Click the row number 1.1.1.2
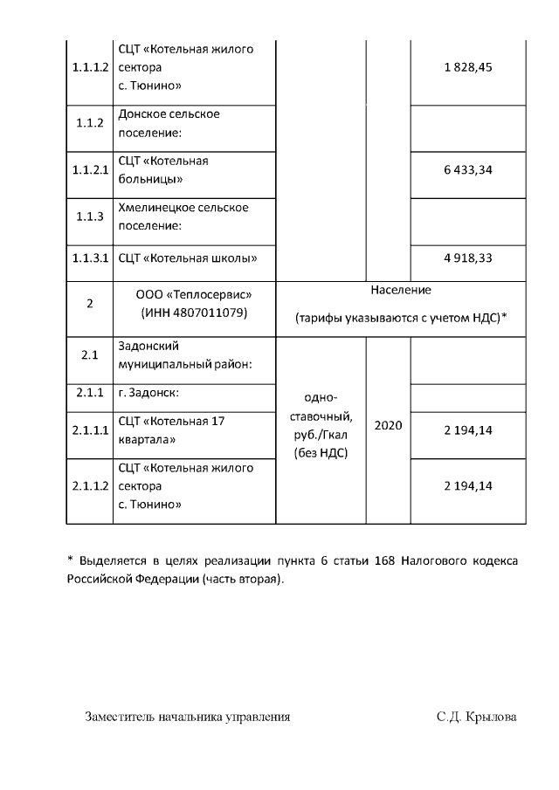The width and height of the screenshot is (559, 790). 89,68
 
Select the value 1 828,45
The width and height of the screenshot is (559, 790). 468,68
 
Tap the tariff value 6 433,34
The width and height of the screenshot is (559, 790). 468,170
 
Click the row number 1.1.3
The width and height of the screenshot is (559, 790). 89,216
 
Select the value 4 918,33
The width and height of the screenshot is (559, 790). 468,258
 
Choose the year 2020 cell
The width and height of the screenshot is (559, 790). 388,425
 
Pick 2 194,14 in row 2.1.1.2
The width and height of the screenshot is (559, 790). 468,486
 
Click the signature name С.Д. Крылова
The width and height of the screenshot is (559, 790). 477,717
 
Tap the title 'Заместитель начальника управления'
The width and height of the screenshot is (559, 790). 188,717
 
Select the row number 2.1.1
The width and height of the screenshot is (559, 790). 89,393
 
